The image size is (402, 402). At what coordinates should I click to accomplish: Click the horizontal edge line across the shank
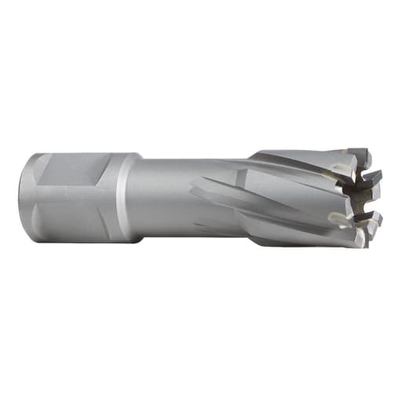pos(71,187)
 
